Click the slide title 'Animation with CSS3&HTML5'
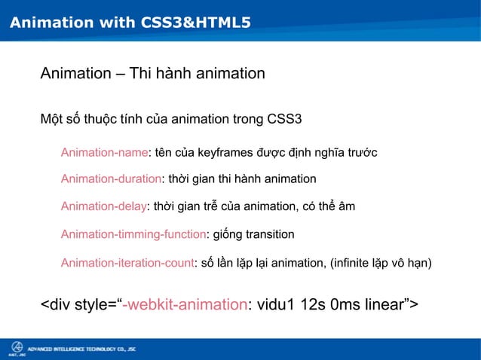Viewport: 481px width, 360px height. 130,24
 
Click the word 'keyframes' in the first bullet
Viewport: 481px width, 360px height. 224,154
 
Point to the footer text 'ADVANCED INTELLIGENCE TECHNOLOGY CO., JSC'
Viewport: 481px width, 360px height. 81,349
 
